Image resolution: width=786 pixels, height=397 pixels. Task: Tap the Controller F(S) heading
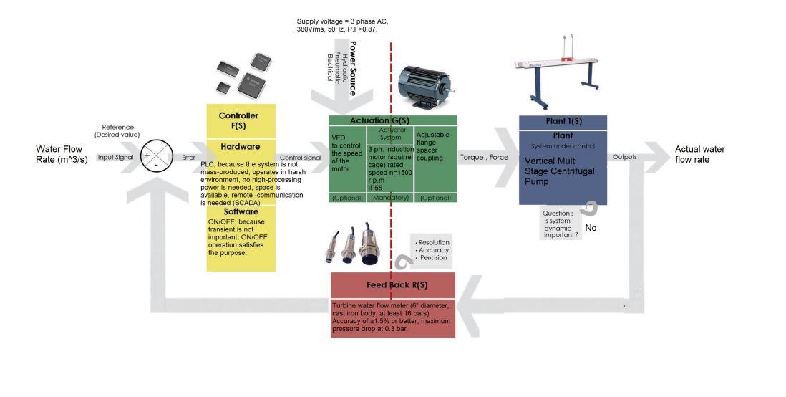[x=238, y=120]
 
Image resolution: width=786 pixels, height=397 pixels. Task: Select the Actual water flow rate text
[x=699, y=154]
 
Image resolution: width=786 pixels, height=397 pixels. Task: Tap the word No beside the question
[x=591, y=228]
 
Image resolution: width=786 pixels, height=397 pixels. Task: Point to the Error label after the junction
[x=188, y=157]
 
